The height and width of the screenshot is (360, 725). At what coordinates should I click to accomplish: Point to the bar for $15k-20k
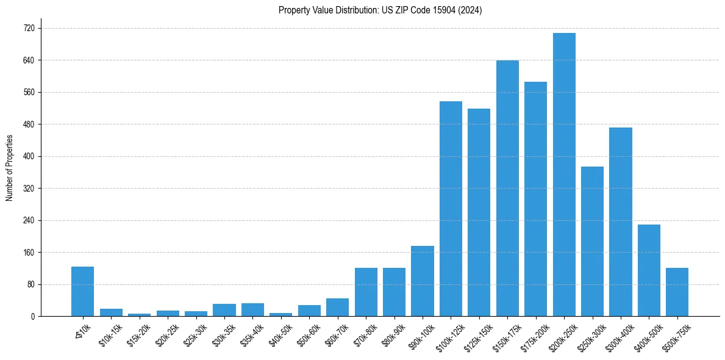(139, 314)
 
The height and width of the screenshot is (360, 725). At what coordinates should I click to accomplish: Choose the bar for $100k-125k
(451, 209)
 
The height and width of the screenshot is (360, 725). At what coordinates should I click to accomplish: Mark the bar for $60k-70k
(337, 307)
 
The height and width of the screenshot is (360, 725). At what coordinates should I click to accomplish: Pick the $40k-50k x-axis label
(280, 336)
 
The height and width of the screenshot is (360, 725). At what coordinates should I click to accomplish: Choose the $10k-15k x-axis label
(110, 336)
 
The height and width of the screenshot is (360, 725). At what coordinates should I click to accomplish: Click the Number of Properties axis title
(9, 168)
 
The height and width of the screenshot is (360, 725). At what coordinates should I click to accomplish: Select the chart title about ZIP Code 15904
(380, 10)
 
